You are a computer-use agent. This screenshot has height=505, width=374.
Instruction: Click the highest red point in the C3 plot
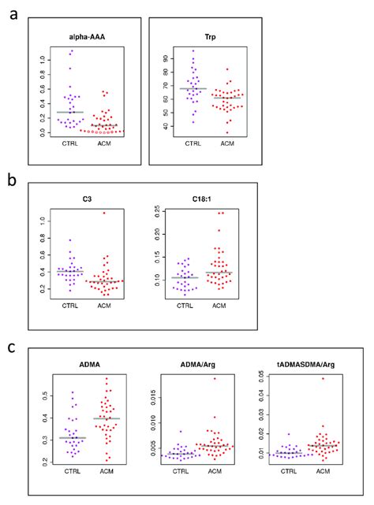pos(103,213)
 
